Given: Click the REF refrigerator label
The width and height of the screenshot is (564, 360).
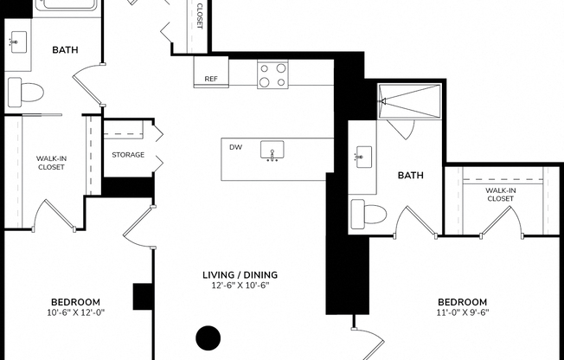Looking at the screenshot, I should (210, 79).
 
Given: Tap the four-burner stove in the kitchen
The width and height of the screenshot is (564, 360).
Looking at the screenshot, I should (272, 74).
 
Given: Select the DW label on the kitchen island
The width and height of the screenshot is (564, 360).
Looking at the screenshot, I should (235, 147).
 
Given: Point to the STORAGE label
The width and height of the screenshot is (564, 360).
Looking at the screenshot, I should (128, 155).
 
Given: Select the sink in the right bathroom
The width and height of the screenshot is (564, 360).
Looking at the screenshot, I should (363, 157).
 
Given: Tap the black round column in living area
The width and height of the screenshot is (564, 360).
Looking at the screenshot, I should (208, 337).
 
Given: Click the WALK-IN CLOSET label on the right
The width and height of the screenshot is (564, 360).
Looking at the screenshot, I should (499, 195).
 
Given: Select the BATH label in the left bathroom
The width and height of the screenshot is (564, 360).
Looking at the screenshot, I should (64, 49).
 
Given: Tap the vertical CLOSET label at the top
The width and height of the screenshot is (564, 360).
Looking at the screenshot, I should (199, 16).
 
